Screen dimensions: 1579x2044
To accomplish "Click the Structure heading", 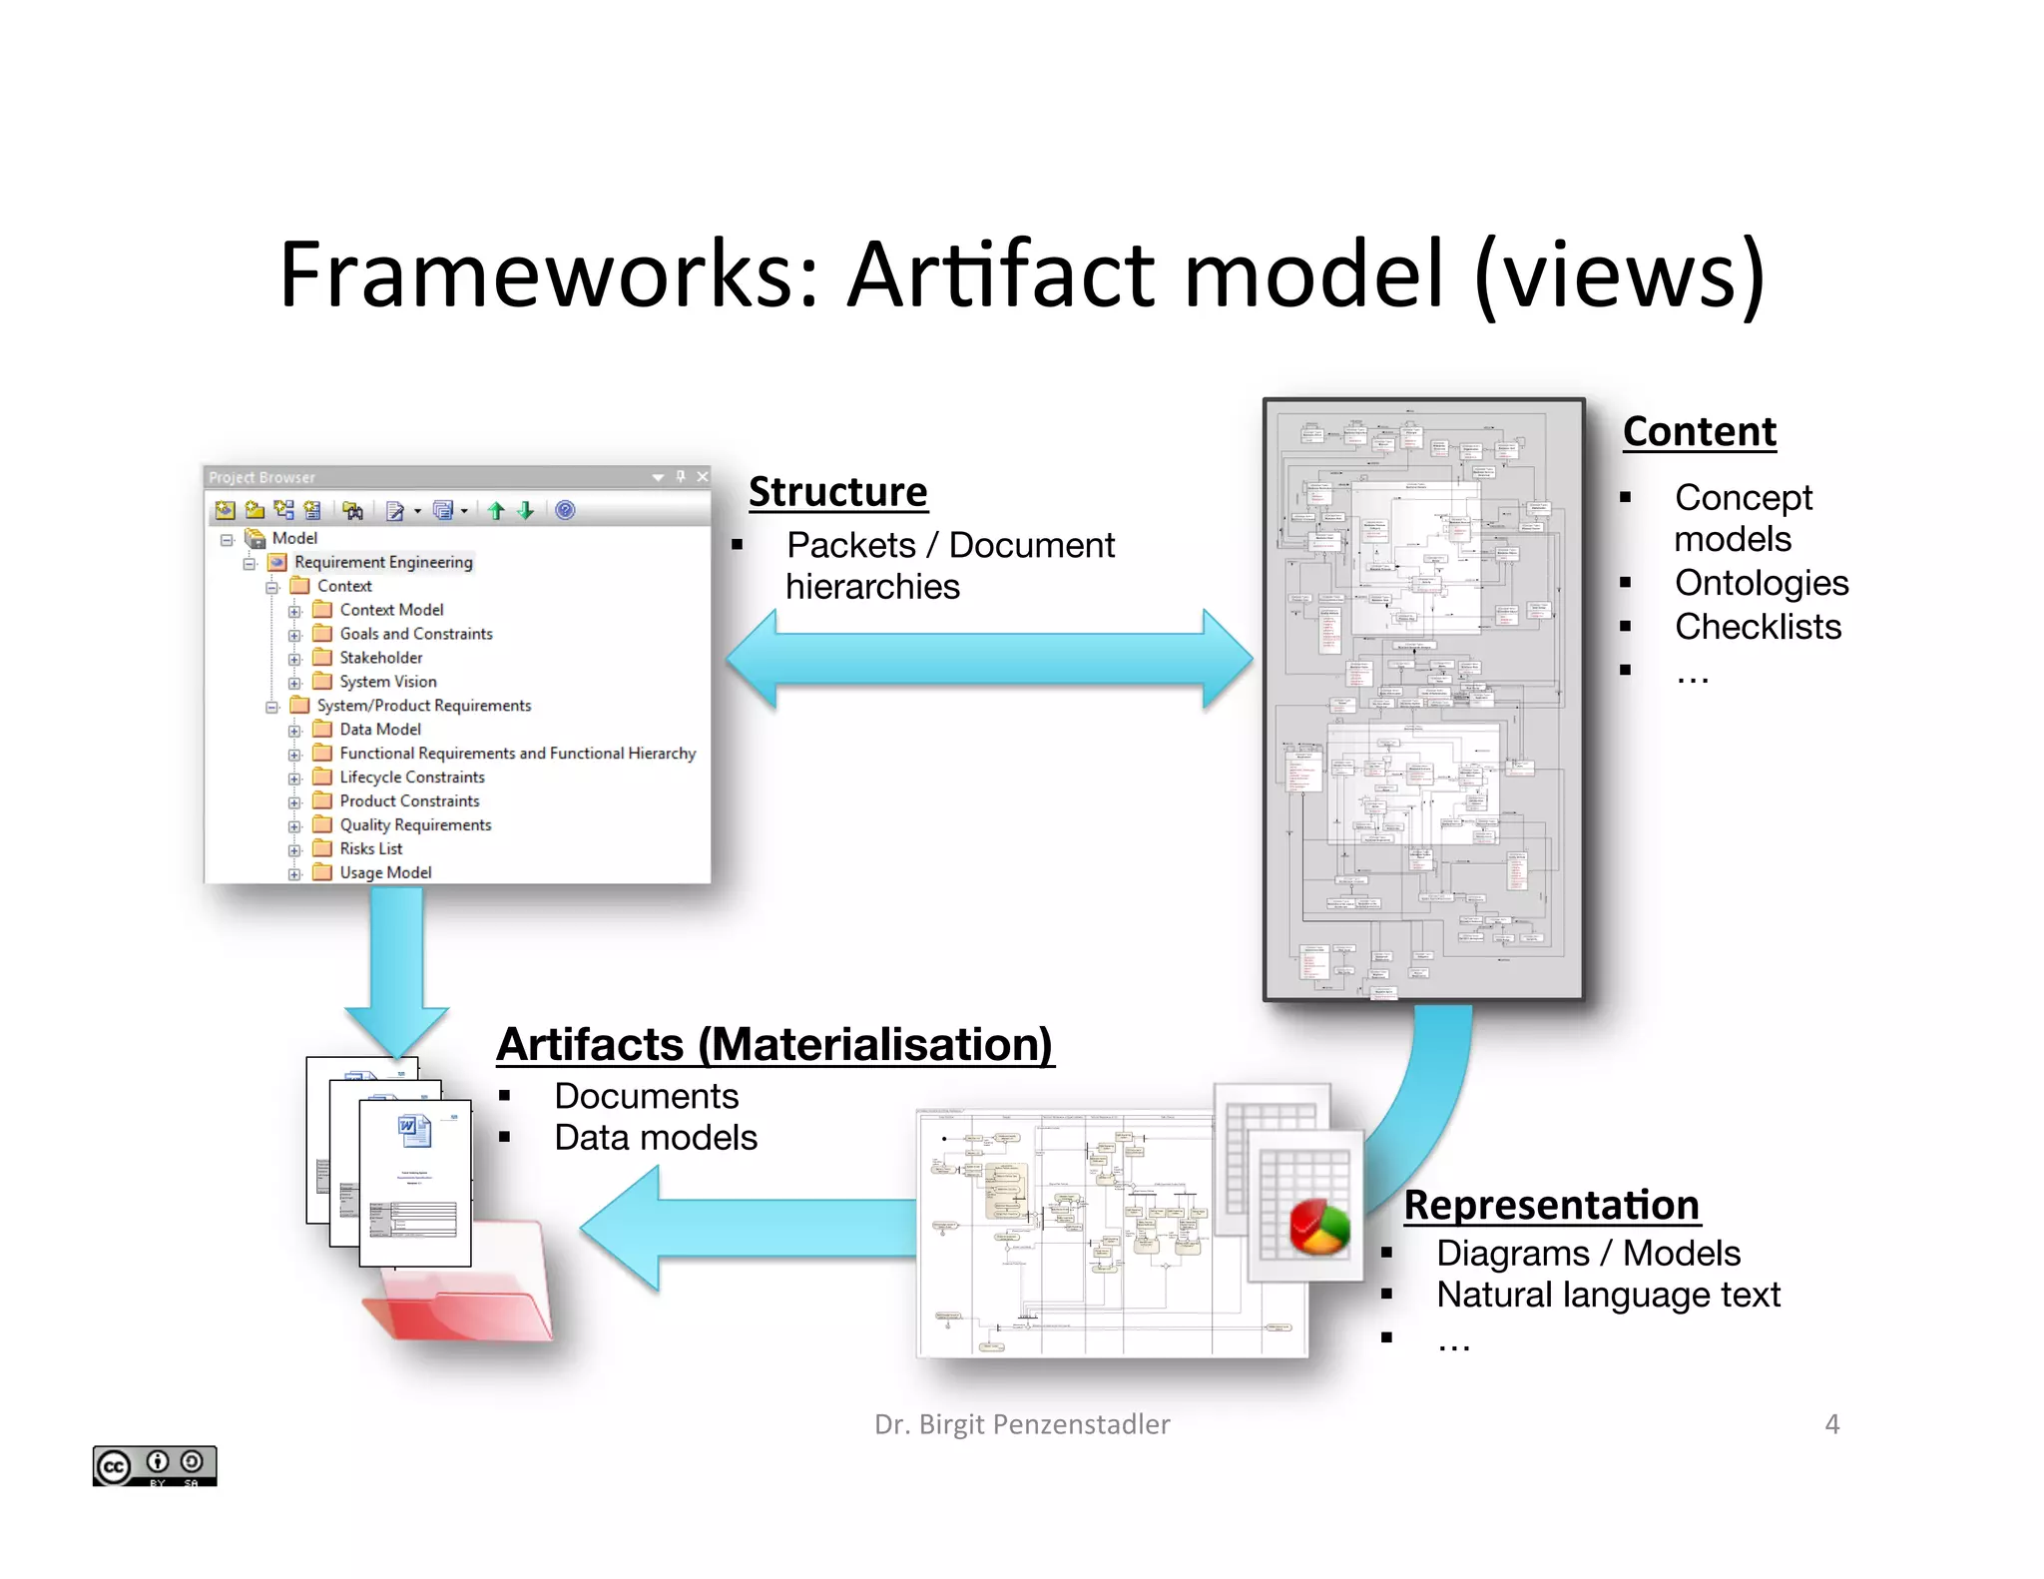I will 837,492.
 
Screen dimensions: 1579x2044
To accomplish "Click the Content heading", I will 1699,432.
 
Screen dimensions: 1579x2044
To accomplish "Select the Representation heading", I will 1551,1205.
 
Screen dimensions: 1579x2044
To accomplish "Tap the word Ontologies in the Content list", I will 1761,583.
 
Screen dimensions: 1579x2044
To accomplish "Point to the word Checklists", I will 1758,627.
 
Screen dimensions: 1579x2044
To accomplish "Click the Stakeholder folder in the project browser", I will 380,658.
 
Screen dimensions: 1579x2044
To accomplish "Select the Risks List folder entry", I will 370,848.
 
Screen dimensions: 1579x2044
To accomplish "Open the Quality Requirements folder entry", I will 415,824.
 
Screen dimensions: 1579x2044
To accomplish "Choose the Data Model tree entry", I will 379,730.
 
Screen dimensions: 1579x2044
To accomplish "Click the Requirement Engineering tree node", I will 383,562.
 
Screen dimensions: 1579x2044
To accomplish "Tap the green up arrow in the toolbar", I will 496,511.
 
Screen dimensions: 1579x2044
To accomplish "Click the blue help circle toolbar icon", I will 565,510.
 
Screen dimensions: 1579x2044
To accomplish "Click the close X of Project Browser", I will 703,477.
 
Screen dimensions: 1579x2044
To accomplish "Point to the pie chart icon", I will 1319,1227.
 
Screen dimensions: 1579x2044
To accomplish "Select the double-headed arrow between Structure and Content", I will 989,659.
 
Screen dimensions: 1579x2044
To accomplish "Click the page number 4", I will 1831,1423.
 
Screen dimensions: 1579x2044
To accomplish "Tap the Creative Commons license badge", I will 155,1465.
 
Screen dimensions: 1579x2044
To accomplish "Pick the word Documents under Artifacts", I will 646,1096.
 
